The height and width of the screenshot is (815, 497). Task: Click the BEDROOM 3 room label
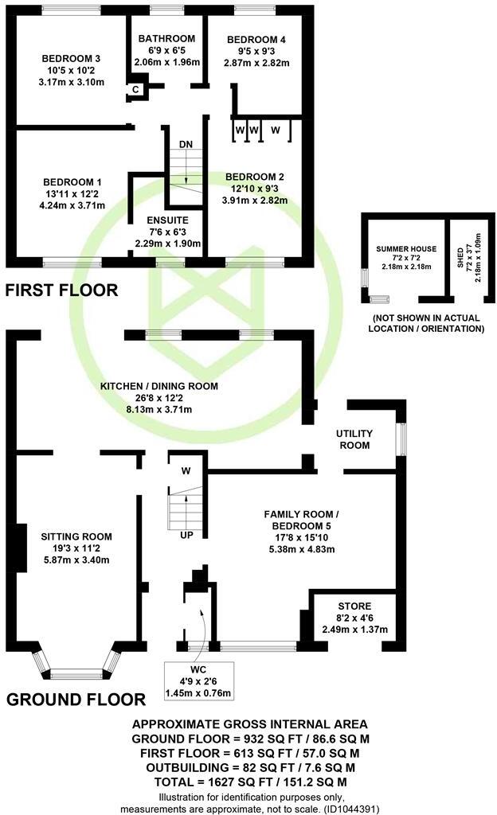pyautogui.click(x=71, y=58)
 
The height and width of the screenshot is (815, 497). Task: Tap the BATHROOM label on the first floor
pyautogui.click(x=166, y=39)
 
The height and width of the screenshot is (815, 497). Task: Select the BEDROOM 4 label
pyautogui.click(x=256, y=40)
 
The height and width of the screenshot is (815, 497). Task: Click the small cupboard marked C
pyautogui.click(x=135, y=89)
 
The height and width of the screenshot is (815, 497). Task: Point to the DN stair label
pyautogui.click(x=186, y=143)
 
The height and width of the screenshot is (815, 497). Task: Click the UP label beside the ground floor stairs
pyautogui.click(x=186, y=534)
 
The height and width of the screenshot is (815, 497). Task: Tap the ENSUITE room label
pyautogui.click(x=167, y=220)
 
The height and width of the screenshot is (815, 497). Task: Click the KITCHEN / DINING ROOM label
pyautogui.click(x=158, y=386)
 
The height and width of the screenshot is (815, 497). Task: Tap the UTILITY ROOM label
pyautogui.click(x=354, y=439)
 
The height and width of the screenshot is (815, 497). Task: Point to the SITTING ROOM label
pyautogui.click(x=76, y=536)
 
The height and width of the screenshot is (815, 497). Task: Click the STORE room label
pyautogui.click(x=354, y=606)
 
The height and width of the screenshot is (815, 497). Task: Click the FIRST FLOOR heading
pyautogui.click(x=61, y=291)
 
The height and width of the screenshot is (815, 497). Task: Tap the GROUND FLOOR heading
pyautogui.click(x=76, y=700)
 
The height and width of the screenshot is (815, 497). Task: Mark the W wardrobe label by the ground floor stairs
pyautogui.click(x=186, y=471)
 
